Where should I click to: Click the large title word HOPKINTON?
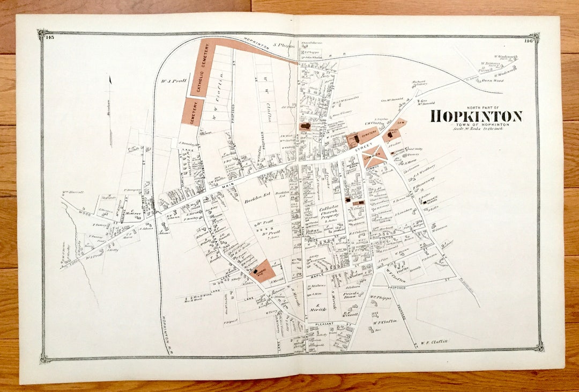(476, 116)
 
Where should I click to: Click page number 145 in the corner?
(50, 37)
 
